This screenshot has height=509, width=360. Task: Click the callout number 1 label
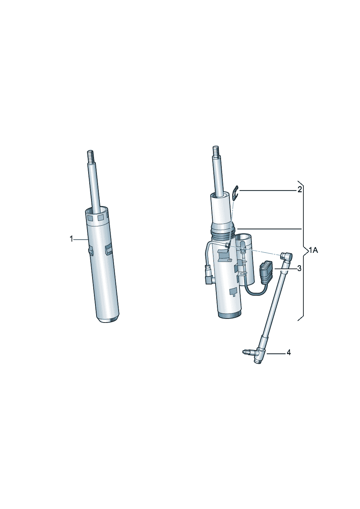71,239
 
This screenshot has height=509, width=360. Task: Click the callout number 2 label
300,189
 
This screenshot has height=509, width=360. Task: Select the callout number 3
299,268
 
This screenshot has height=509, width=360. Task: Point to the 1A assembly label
313,250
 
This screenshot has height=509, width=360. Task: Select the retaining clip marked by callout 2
236,193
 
